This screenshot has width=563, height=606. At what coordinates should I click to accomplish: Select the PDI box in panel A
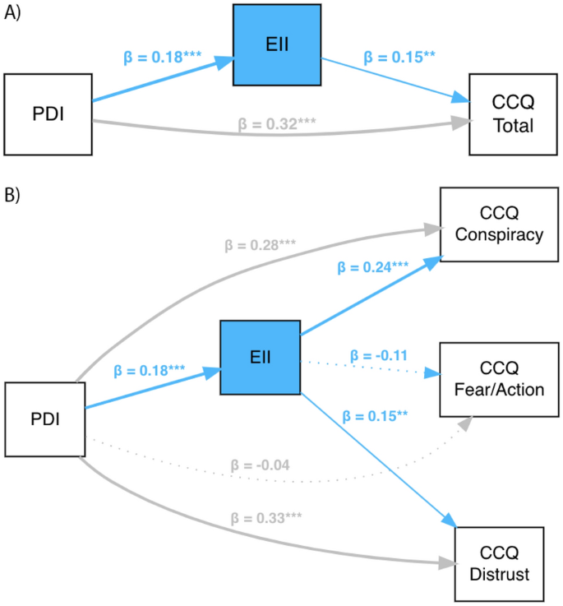click(x=47, y=113)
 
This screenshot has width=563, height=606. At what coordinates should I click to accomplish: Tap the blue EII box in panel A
click(x=277, y=44)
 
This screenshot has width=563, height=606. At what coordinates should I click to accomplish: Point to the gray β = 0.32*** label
click(x=277, y=125)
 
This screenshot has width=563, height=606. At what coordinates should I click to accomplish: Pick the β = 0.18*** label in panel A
click(x=163, y=58)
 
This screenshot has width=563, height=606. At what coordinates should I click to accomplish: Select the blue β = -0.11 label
click(x=379, y=355)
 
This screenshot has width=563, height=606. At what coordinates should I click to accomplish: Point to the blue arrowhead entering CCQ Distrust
click(x=449, y=522)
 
